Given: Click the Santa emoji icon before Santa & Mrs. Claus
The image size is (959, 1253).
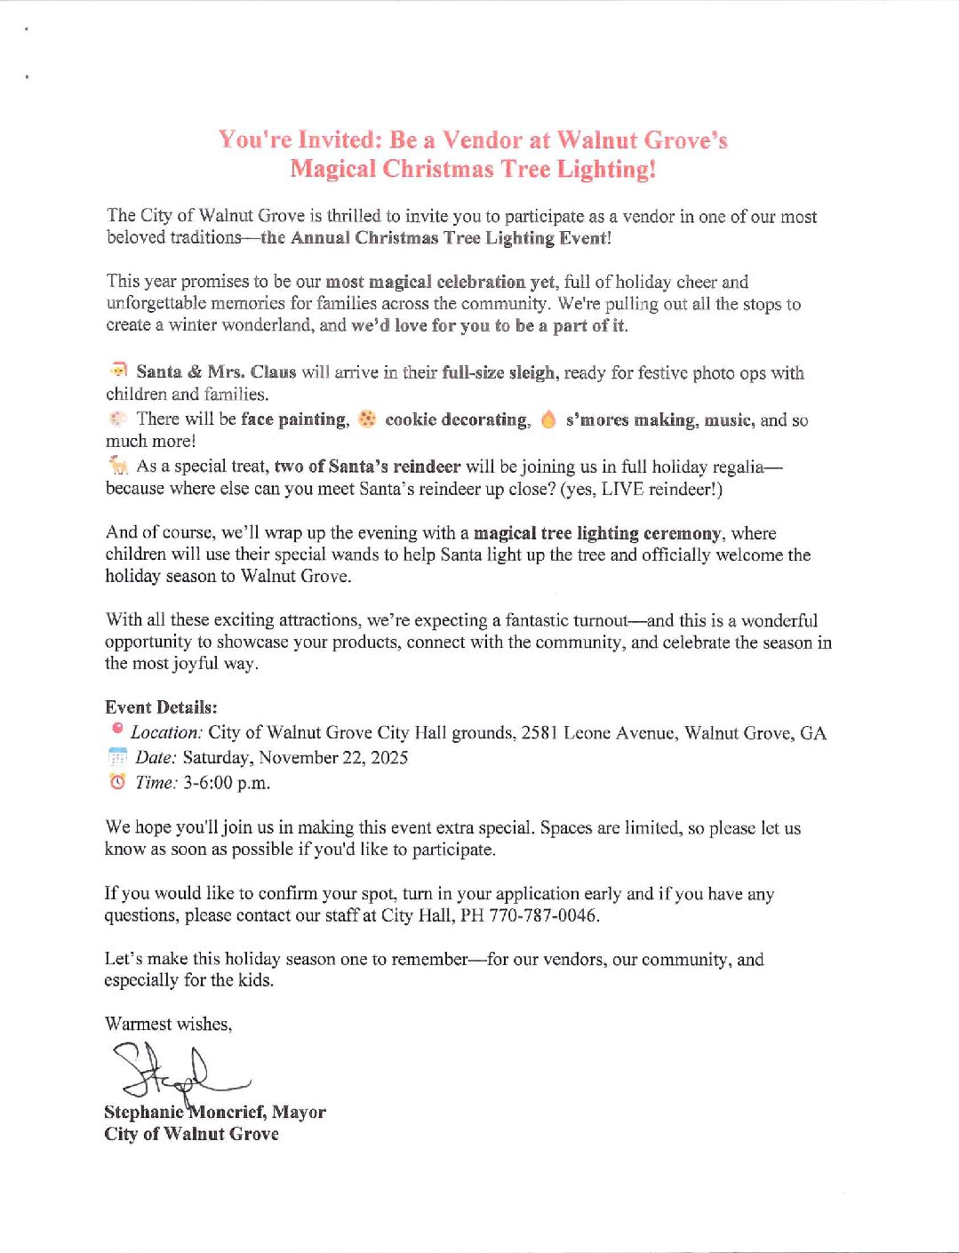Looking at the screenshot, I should (x=118, y=370).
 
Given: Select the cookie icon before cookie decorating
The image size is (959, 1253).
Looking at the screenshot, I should (x=366, y=419).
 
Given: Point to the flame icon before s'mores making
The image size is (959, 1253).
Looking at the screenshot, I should (x=548, y=419).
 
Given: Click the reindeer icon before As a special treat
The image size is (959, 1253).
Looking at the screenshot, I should (x=117, y=465).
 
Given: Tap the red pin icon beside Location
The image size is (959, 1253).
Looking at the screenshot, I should (x=117, y=729).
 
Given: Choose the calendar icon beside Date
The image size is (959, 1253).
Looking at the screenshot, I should (x=117, y=757).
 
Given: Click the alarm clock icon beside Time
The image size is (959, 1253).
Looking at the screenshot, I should (x=117, y=782).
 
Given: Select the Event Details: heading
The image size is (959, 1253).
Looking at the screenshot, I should (x=161, y=707).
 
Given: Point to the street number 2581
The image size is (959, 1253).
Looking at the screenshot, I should (x=539, y=733).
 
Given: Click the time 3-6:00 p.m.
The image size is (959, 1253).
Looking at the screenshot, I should (x=226, y=783).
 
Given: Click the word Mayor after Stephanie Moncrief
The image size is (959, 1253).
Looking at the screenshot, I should (x=299, y=1113).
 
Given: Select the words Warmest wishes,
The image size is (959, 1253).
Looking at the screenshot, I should (x=168, y=1024).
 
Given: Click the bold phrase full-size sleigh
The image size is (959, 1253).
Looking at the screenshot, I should (x=499, y=372).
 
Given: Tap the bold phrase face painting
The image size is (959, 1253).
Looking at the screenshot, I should (x=294, y=419).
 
